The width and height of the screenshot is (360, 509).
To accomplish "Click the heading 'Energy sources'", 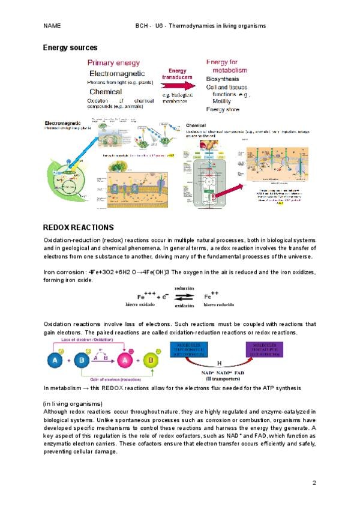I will (x=70, y=47).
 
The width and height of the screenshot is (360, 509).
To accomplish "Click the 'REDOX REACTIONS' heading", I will (x=79, y=227).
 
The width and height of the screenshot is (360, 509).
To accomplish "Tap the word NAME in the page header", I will (x=52, y=26).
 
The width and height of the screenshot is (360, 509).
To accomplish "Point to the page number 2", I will (x=314, y=483).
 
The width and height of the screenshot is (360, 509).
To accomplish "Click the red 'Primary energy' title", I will (x=114, y=62).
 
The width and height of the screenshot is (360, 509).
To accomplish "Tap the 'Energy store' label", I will (x=223, y=110).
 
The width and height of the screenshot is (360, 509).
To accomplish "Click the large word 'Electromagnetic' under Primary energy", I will (x=117, y=73).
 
